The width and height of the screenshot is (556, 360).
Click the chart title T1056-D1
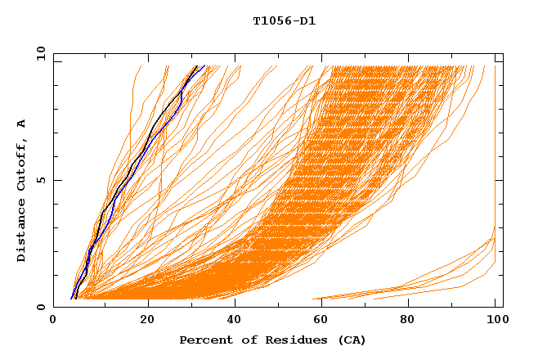284,21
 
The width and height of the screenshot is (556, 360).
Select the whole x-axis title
272,340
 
